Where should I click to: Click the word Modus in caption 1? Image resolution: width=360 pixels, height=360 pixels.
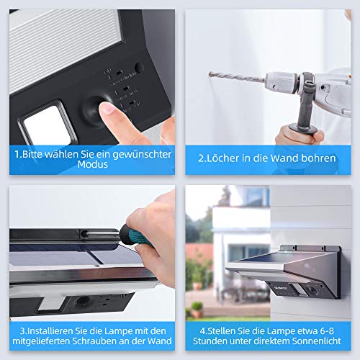(x=93, y=165)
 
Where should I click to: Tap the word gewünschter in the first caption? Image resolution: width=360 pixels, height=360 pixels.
(x=142, y=155)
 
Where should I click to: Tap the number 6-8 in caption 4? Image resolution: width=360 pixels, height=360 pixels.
(x=327, y=331)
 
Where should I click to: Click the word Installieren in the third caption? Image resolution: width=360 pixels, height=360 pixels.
(x=47, y=331)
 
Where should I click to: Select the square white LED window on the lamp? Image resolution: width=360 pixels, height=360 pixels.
(x=47, y=125)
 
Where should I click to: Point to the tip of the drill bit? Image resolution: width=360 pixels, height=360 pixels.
(x=210, y=73)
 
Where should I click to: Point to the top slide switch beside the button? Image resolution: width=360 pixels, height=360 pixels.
(x=120, y=73)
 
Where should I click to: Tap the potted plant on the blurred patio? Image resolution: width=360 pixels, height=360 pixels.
(x=197, y=310)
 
